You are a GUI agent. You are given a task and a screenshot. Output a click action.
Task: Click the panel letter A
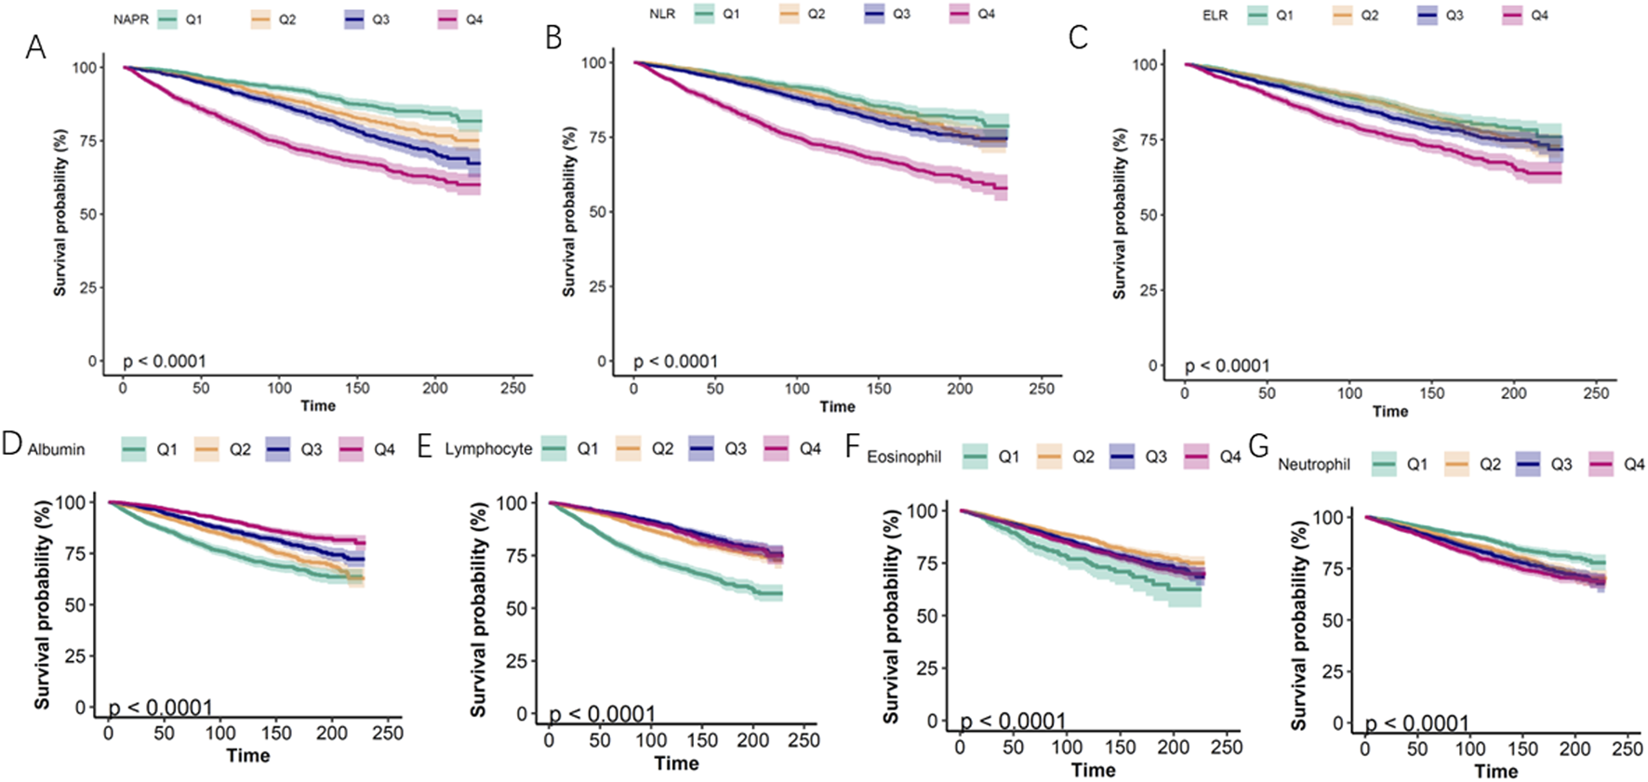[35, 46]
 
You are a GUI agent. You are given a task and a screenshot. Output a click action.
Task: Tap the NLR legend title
[662, 14]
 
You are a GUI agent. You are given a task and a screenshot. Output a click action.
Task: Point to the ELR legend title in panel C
[1215, 15]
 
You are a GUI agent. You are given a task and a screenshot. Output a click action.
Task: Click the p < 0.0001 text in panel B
[676, 361]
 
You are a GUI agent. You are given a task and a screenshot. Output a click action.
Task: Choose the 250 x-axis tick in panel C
[1596, 393]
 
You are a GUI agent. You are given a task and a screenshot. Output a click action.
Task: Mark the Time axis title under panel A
[318, 405]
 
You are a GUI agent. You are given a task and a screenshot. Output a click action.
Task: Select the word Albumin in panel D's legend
[56, 450]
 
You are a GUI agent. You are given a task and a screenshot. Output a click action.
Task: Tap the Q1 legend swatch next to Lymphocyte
[556, 449]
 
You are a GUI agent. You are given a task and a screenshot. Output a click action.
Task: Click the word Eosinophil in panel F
[904, 457]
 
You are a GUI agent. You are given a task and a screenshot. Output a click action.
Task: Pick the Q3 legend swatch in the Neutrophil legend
[1529, 464]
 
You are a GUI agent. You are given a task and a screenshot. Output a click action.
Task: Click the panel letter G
[1258, 447]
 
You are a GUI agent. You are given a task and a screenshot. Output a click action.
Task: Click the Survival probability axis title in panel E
[478, 609]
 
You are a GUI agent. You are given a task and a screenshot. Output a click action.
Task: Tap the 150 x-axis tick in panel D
[276, 733]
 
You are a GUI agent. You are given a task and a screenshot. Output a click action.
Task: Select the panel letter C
[1078, 38]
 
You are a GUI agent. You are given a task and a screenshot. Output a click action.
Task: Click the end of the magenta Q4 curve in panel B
[1006, 189]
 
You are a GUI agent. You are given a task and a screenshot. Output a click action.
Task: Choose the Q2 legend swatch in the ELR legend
[1342, 16]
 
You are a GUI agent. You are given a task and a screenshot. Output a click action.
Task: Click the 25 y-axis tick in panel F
[926, 669]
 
